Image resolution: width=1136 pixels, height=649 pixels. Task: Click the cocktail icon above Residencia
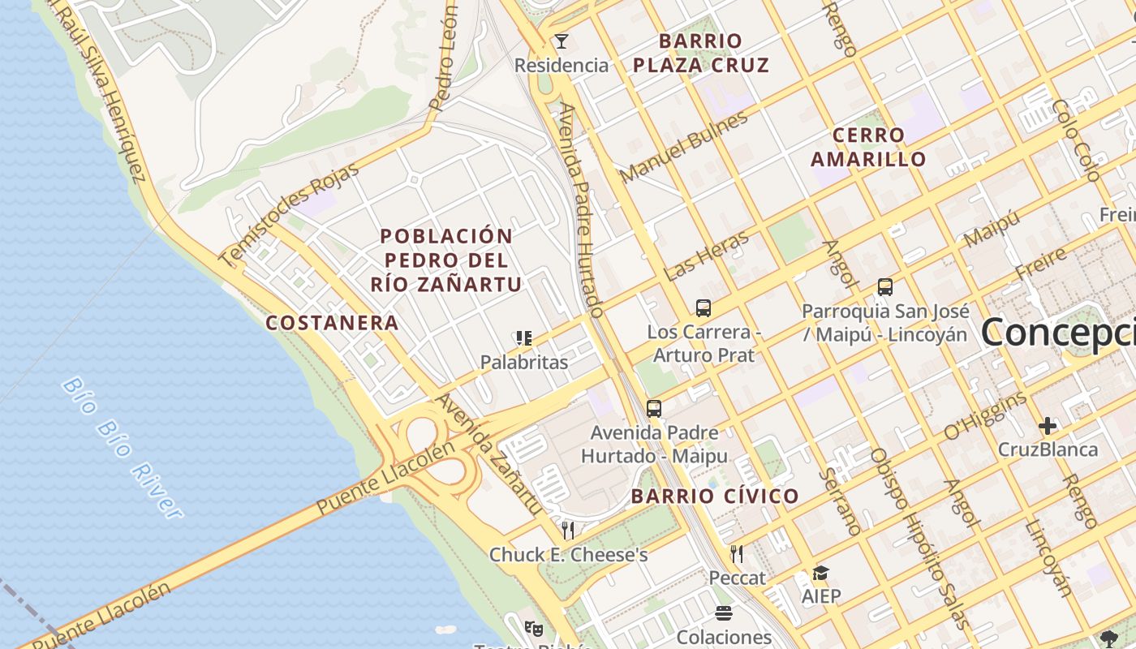[561, 41]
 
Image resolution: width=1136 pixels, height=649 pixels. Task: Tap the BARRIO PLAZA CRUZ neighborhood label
[700, 53]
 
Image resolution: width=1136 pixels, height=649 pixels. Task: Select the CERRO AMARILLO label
[868, 147]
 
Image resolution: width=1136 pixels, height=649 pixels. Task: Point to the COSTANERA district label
[333, 323]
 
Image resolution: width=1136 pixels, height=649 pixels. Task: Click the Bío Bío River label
[122, 447]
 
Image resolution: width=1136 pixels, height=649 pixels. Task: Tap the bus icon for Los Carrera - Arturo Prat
[704, 308]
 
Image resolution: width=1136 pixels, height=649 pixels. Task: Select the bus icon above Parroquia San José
[884, 287]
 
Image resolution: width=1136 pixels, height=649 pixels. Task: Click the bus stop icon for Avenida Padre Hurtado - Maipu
[654, 409]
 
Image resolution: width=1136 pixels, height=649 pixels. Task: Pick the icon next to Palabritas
[524, 338]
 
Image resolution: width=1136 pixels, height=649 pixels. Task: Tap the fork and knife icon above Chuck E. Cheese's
[568, 531]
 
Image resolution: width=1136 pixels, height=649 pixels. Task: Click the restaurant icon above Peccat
[737, 554]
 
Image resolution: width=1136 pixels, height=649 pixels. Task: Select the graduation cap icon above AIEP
[821, 574]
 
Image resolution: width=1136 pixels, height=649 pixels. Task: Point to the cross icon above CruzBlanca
[1048, 425]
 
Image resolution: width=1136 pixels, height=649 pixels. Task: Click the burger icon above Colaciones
[724, 613]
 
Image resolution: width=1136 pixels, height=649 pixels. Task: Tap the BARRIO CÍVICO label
[715, 496]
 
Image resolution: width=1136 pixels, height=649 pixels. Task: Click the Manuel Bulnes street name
[684, 148]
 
